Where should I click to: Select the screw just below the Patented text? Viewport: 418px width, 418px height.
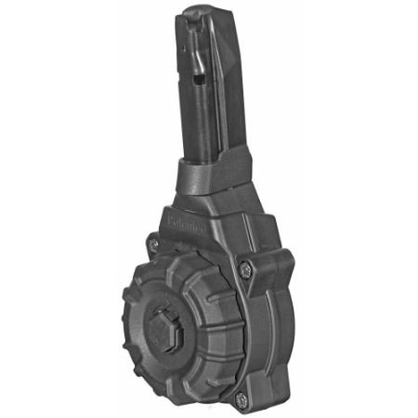pyautogui.click(x=153, y=244)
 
